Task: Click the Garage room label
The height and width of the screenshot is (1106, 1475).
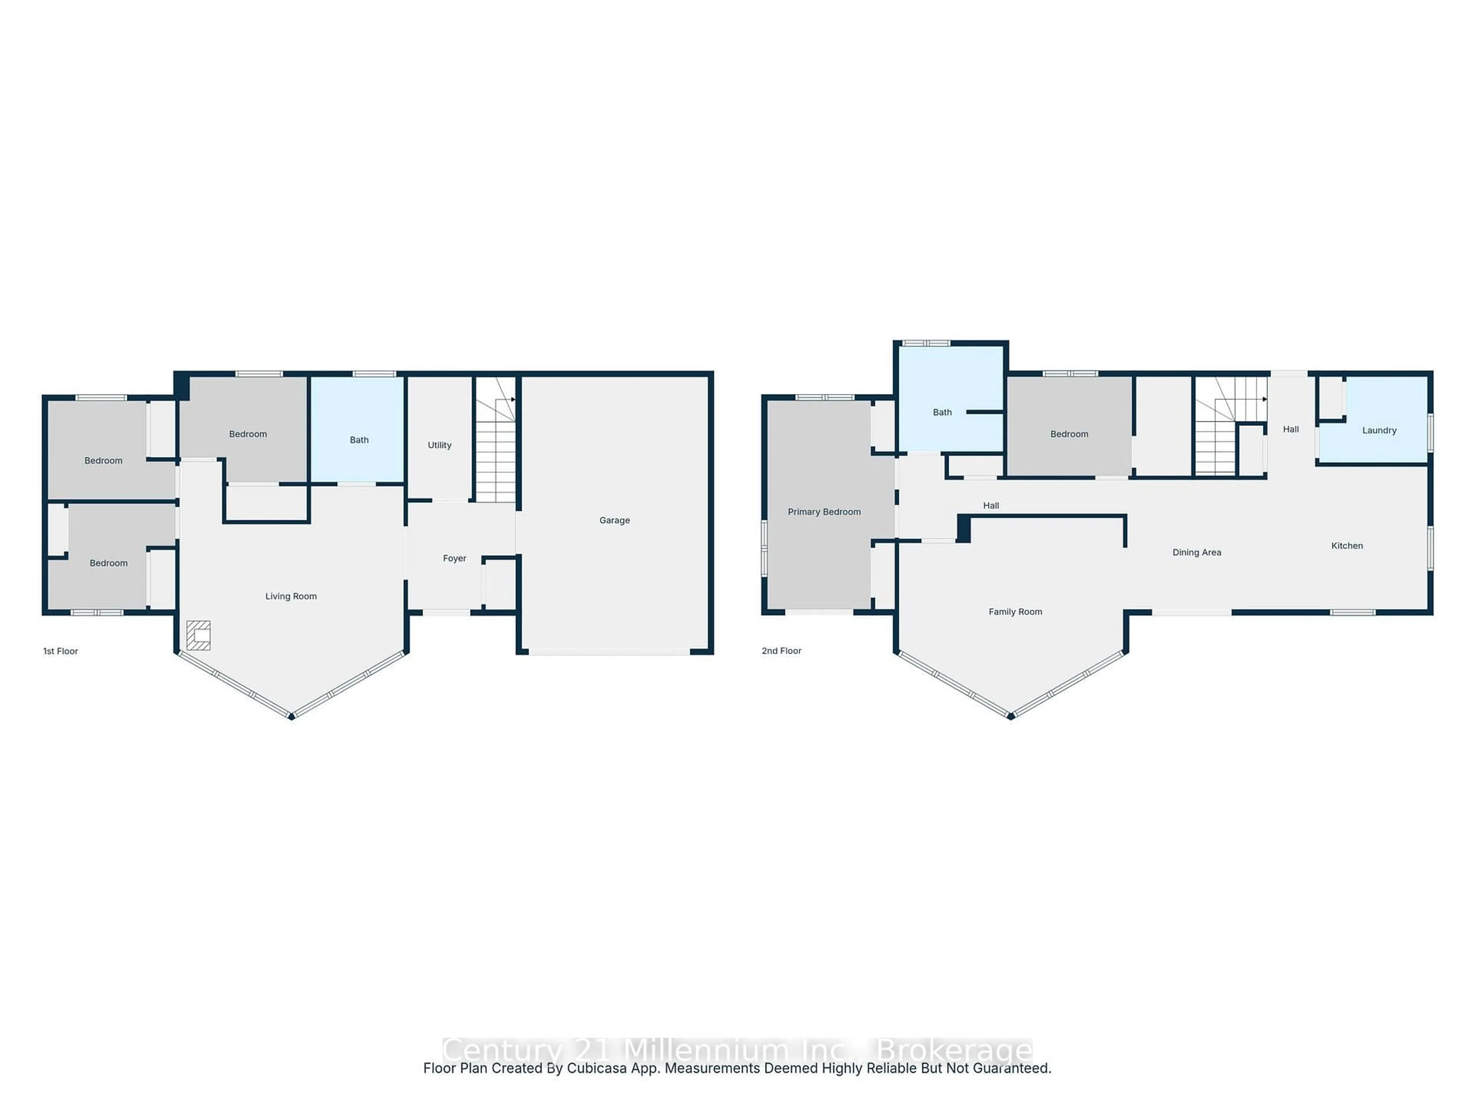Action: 614,520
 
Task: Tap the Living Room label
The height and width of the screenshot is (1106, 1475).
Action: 291,596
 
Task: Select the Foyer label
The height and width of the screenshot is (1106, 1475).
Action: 454,558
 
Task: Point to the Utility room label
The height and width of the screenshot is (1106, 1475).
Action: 439,445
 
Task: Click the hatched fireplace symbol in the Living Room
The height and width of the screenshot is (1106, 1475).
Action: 199,635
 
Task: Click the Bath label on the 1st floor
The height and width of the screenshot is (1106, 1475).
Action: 359,440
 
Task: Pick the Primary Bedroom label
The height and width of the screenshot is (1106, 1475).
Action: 824,512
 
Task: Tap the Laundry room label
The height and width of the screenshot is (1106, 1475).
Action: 1379,430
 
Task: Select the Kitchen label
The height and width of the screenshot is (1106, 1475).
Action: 1347,545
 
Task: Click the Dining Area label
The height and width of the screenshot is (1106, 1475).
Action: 1197,552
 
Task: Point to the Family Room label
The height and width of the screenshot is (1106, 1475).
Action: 1015,611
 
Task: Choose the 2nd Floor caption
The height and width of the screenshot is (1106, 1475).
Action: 782,651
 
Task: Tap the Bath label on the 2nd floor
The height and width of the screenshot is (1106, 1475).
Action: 942,412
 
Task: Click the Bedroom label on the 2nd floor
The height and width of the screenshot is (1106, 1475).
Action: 1069,434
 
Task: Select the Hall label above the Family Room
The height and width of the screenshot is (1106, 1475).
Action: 991,505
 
